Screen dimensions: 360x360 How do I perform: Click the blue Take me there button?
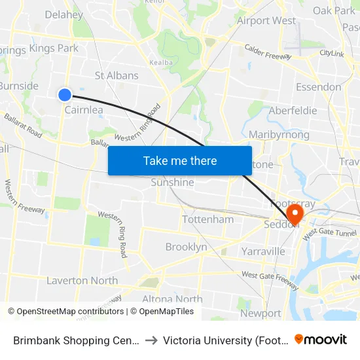179,160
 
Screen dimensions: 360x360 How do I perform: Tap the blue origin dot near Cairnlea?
65,95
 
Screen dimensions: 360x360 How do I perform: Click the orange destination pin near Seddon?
295,213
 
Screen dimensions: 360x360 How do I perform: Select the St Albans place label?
117,75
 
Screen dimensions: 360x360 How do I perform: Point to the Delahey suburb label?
63,15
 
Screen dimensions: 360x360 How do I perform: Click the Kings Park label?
54,48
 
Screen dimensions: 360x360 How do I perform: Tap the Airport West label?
266,21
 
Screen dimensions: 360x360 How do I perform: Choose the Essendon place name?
318,86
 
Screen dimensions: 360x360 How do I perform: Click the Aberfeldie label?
293,111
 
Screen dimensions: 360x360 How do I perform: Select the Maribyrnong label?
279,135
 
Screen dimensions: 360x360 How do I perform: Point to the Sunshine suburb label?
172,183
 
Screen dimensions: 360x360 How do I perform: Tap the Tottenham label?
207,219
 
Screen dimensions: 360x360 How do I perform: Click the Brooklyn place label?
186,247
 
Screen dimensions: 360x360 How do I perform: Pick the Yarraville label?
262,251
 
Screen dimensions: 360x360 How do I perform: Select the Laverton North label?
82,281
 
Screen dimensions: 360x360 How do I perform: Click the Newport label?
261,313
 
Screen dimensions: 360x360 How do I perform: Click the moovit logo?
321,339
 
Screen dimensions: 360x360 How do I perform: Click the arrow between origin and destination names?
150,340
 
